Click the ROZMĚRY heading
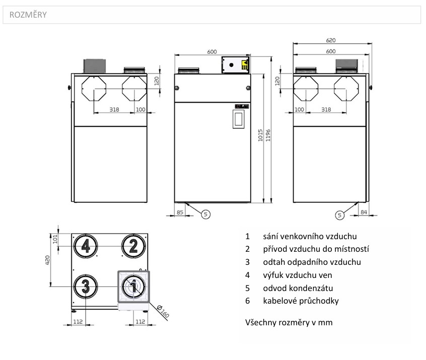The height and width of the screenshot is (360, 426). [x=25, y=15]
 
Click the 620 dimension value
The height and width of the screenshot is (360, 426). [x=331, y=40]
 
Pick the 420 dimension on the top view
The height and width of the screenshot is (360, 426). [x=48, y=260]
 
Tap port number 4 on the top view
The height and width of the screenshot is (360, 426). [x=86, y=246]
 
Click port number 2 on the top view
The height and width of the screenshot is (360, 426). [x=133, y=246]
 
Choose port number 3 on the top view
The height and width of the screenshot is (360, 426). [x=86, y=286]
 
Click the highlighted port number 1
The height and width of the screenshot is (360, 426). [x=133, y=286]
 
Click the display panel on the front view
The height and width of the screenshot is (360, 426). [x=238, y=119]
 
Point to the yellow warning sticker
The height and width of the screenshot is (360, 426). [x=245, y=64]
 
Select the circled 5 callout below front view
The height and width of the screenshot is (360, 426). [x=205, y=214]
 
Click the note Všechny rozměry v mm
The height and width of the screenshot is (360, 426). [x=289, y=322]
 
